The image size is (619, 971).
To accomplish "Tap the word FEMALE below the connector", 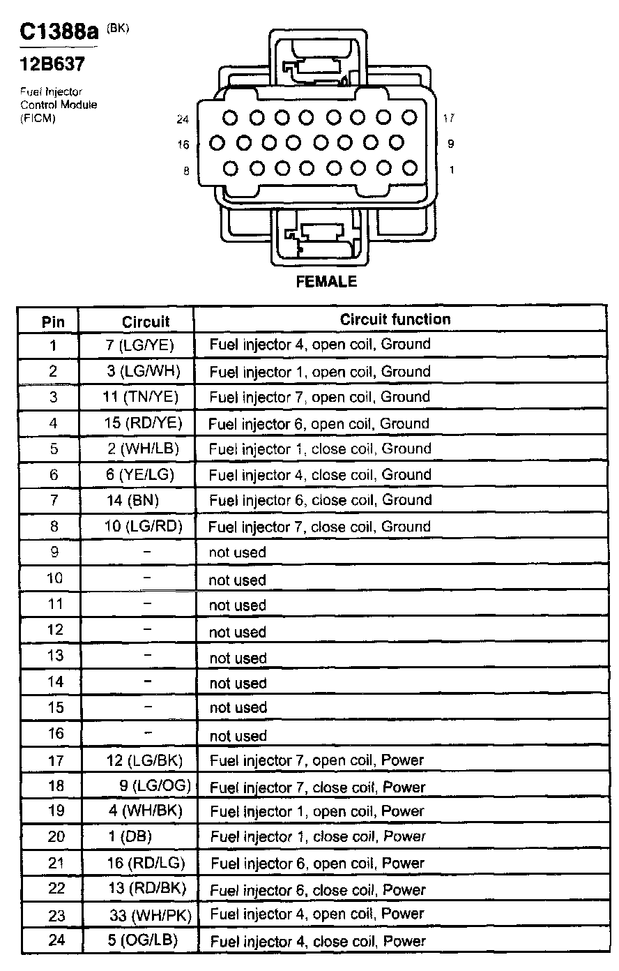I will point(326,282).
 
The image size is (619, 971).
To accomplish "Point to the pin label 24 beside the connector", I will point(183,119).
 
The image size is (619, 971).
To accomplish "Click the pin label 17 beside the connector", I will point(450,119).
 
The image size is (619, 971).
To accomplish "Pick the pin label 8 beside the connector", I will point(186,170).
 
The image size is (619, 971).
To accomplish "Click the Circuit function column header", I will point(395,319).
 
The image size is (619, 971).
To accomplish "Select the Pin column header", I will point(53,322).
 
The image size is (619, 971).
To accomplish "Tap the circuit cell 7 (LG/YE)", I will point(139,345).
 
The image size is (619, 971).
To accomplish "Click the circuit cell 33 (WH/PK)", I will point(150,914).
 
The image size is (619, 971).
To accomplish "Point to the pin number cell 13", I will point(55,656).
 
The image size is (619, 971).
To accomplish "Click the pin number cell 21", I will point(56,863).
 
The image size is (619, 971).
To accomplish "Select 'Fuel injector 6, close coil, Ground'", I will point(320,500).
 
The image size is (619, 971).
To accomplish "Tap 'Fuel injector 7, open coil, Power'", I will point(316,760).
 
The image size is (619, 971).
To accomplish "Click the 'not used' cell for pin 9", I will point(238,552).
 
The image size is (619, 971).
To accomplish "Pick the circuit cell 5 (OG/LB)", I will point(142,940).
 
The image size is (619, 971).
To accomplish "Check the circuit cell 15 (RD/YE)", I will point(142,423).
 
